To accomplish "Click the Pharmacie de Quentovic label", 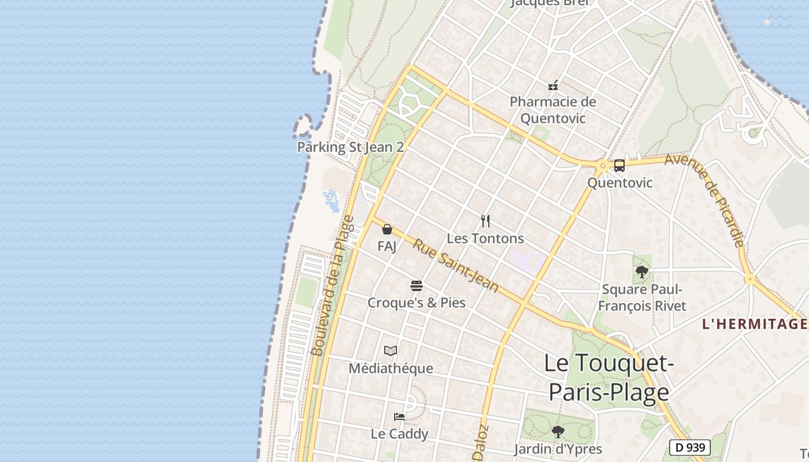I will click(552, 110).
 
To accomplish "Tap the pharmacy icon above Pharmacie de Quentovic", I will click(553, 85).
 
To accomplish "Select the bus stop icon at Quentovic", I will click(619, 166).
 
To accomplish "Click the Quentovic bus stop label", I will click(619, 183).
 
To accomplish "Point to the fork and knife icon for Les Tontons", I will click(485, 221).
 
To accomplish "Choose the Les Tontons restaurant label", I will click(485, 239).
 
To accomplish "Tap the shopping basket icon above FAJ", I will click(387, 229).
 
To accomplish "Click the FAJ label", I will click(387, 247).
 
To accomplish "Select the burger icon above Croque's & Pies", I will click(417, 285).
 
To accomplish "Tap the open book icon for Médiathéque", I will click(391, 351).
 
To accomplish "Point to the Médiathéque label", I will click(391, 368).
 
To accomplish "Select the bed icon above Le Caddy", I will click(399, 416).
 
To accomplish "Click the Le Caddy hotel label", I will click(399, 434).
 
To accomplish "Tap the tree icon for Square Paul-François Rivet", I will click(641, 271).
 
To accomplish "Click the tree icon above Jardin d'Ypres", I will click(558, 431).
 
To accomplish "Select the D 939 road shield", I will click(689, 447).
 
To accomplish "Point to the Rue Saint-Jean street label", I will click(455, 266).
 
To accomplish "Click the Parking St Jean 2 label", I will click(350, 147).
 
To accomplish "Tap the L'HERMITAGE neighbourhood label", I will click(754, 324).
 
